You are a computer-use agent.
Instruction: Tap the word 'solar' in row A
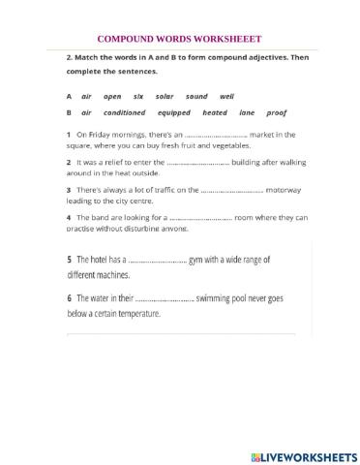(165, 97)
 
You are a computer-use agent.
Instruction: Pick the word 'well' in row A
(226, 97)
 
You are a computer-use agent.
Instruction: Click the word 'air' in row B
(86, 113)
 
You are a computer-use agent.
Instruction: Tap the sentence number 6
(70, 299)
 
